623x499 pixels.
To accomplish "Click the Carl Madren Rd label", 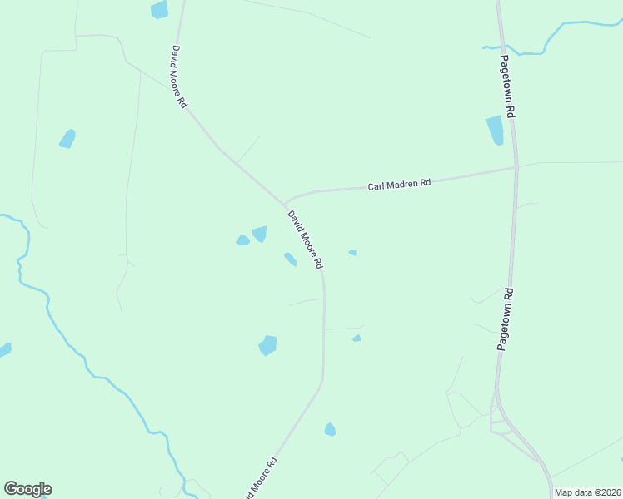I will pos(399,184).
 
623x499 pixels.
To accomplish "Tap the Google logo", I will pos(27,489).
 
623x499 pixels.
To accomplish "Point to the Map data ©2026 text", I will pos(587,492).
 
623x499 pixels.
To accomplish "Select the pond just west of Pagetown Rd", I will pos(495,130).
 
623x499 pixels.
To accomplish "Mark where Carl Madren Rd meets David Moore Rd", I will pos(285,203).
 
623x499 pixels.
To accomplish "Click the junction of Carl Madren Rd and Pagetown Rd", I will pos(516,168).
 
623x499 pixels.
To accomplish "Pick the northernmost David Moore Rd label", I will pos(179,77).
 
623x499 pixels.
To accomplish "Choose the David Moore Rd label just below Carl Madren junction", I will pos(305,240).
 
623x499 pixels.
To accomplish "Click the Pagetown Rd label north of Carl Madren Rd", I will pos(509,86).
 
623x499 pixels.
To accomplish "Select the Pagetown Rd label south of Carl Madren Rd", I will pos(507,319).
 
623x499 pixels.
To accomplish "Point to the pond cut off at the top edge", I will pos(158,9).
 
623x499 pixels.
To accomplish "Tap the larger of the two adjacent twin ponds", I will pos(260,234).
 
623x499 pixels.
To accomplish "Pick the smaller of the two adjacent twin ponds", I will pos(242,240).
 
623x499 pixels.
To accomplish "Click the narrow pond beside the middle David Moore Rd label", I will pos(290,259).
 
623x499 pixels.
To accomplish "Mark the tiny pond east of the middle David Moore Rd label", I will pos(353,252).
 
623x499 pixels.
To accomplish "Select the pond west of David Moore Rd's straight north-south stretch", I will pos(267,344).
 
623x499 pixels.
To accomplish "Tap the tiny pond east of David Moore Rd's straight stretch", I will pos(356,338).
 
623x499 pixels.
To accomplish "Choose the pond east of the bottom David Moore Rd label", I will pos(330,429).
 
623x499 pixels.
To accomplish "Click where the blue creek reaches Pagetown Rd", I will pos(502,47).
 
